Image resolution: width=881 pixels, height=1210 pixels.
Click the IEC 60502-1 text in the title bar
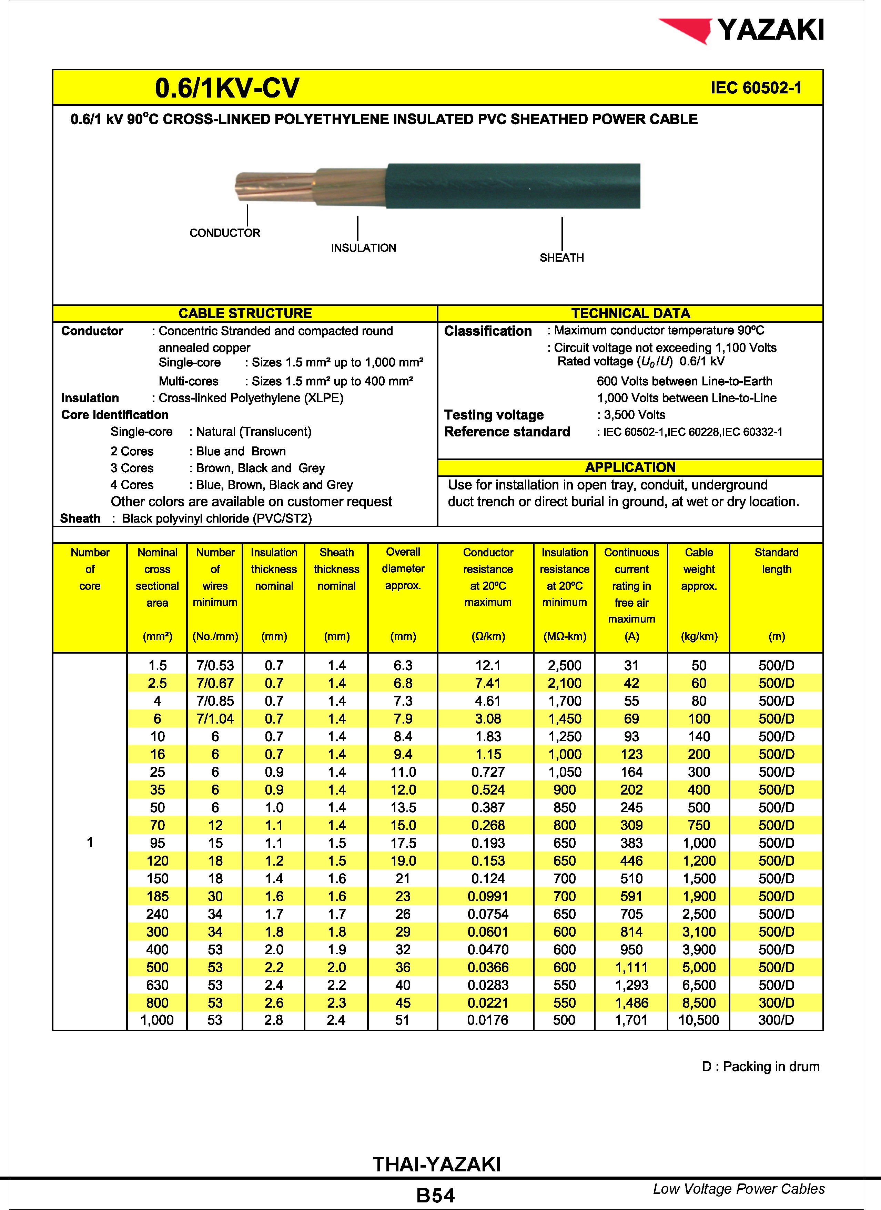pyautogui.click(x=755, y=88)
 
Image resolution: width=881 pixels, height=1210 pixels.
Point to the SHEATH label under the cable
pyautogui.click(x=561, y=258)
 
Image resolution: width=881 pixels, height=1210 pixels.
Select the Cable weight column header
pyautogui.click(x=699, y=569)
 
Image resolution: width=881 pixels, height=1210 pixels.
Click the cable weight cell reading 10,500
pyautogui.click(x=699, y=1020)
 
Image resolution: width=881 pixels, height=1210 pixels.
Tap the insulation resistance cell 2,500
pyautogui.click(x=564, y=665)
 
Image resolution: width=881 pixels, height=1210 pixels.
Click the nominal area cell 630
pyautogui.click(x=157, y=985)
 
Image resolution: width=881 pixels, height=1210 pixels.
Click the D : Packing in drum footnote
pyautogui.click(x=760, y=1067)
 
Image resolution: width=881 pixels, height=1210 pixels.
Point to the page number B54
pyautogui.click(x=436, y=1196)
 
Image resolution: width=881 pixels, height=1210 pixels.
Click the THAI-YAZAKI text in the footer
pyautogui.click(x=437, y=1164)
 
